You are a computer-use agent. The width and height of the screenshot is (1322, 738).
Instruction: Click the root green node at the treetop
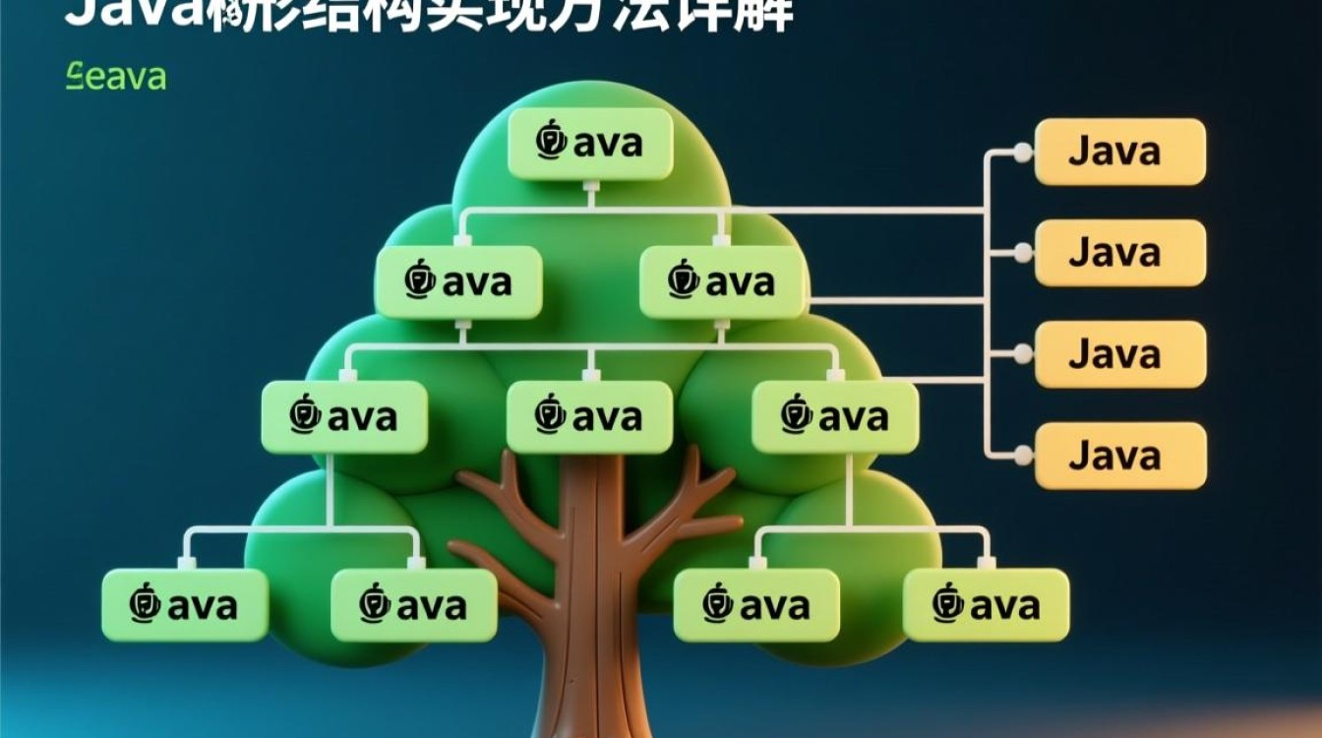point(589,144)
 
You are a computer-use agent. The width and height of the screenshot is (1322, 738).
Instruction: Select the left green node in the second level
point(458,282)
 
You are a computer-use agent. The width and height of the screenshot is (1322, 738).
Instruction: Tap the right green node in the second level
point(722,282)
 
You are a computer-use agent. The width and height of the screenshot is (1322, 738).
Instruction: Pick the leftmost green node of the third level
point(344,417)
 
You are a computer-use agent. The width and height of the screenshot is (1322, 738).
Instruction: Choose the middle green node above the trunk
point(589,417)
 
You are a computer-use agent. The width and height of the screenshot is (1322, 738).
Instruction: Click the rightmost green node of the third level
point(835,417)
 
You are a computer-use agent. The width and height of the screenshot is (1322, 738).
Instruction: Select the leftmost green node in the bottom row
point(185,605)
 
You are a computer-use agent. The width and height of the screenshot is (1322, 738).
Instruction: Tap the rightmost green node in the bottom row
point(986,605)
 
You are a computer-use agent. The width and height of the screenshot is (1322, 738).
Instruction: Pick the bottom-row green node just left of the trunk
point(413,605)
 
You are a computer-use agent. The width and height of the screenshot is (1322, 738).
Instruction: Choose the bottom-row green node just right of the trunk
point(756,605)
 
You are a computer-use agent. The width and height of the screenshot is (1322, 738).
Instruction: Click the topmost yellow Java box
point(1119,152)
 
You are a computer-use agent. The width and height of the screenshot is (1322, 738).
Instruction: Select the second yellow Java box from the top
point(1119,253)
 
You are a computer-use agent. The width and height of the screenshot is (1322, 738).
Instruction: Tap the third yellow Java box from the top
point(1119,353)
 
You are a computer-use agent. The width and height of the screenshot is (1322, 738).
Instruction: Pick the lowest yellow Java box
point(1119,456)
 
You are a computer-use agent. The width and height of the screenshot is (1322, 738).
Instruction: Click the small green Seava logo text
point(116,77)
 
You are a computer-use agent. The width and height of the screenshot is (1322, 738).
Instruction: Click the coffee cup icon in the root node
point(551,141)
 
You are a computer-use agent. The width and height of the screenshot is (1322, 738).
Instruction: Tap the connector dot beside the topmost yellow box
point(1023,152)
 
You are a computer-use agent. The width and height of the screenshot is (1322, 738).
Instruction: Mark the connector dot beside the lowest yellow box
point(1023,456)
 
